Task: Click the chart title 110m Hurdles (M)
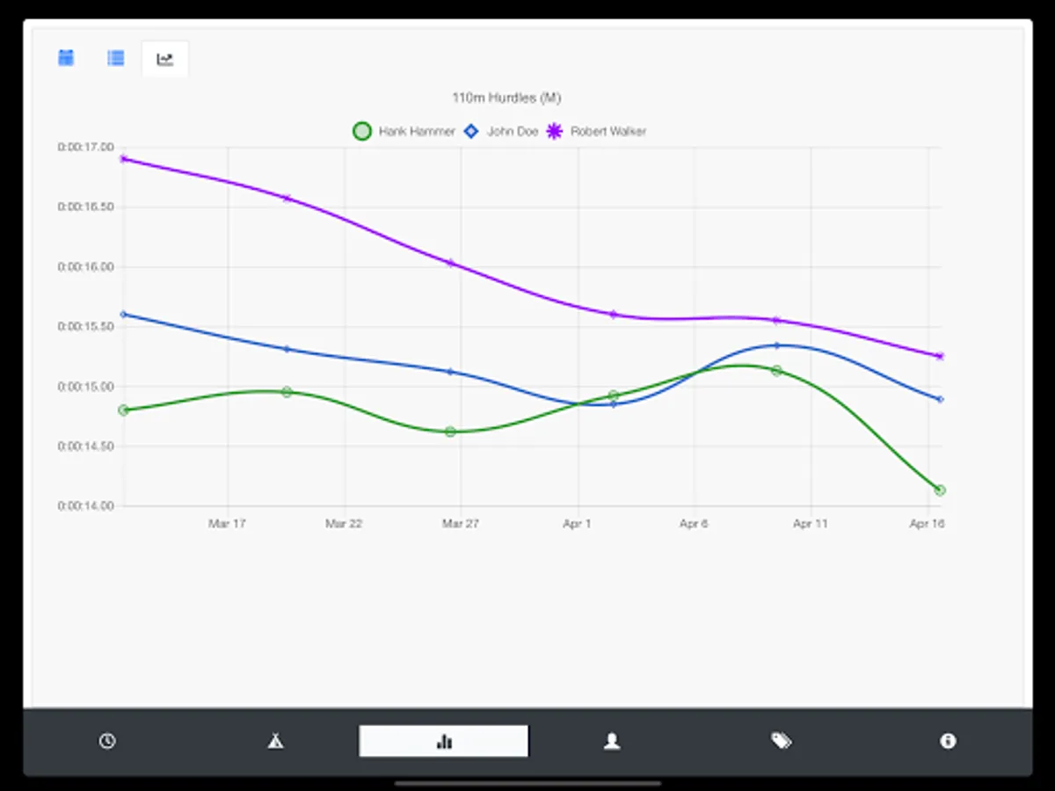click(x=506, y=98)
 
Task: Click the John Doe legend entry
click(x=502, y=132)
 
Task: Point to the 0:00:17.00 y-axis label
click(x=86, y=148)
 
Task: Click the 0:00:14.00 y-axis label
click(x=86, y=506)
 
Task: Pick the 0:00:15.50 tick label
click(x=86, y=326)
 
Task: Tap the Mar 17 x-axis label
click(x=227, y=524)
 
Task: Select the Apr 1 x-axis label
click(x=578, y=524)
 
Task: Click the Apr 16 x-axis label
click(x=927, y=524)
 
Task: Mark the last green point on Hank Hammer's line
click(x=940, y=490)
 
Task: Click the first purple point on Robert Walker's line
click(x=123, y=159)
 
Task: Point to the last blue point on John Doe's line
click(x=940, y=399)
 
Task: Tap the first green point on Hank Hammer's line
click(x=123, y=410)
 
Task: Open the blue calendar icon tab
click(x=66, y=58)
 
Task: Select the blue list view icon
click(x=115, y=58)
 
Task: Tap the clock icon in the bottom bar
click(x=106, y=741)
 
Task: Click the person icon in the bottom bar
click(x=612, y=741)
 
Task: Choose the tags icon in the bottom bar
click(x=781, y=741)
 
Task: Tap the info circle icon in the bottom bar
click(x=948, y=741)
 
